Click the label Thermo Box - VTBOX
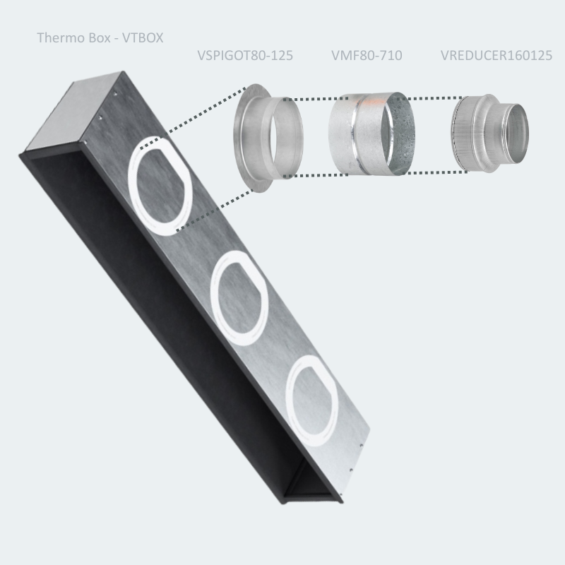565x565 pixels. (100, 37)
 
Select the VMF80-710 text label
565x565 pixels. (367, 55)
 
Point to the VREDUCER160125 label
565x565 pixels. (496, 55)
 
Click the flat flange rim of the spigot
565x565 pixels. (244, 141)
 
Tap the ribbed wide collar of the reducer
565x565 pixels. (462, 134)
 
